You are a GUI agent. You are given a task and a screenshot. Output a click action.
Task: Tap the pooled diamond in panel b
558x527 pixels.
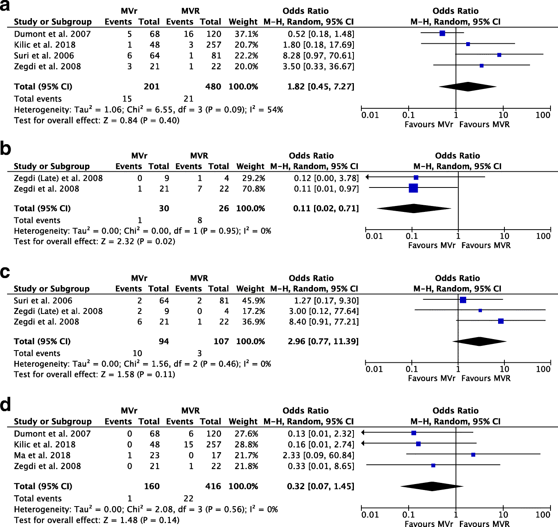click(x=414, y=208)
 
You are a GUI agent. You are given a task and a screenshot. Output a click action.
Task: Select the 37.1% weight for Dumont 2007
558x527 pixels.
click(x=246, y=34)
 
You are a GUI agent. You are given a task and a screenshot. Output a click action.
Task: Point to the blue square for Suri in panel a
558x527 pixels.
click(x=499, y=55)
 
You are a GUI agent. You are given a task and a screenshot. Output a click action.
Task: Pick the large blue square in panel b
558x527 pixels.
click(x=413, y=188)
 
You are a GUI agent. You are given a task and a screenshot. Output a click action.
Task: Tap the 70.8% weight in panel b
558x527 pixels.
click(x=253, y=189)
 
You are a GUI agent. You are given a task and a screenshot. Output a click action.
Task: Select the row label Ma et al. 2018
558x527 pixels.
click(x=42, y=455)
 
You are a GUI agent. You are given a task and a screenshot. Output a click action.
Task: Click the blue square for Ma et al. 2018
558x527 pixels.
click(x=473, y=455)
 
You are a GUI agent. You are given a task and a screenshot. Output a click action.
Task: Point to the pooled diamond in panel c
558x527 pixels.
click(x=480, y=341)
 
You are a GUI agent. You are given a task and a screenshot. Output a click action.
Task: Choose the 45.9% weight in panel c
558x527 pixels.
click(x=253, y=301)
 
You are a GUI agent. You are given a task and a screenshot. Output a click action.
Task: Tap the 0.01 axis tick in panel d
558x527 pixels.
click(x=370, y=515)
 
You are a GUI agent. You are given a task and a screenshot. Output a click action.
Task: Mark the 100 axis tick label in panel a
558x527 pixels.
click(x=543, y=115)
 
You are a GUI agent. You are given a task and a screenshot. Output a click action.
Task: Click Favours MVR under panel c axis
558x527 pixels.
click(x=486, y=379)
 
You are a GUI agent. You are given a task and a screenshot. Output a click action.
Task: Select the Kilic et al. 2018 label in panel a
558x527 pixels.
click(x=45, y=45)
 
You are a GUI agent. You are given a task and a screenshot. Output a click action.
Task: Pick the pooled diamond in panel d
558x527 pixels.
click(x=432, y=486)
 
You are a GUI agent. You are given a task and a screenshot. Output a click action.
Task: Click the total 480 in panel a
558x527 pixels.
click(x=213, y=87)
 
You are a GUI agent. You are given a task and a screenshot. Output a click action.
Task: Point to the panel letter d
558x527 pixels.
click(x=6, y=405)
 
